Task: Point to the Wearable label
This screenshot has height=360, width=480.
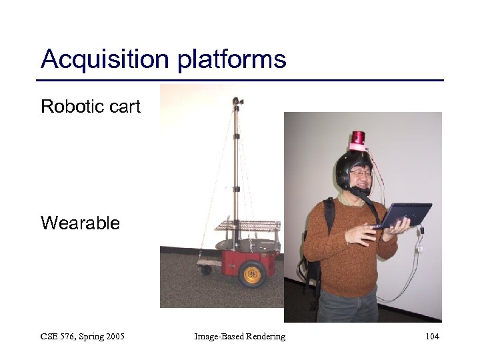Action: pyautogui.click(x=80, y=223)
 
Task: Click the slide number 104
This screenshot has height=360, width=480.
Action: pyautogui.click(x=432, y=337)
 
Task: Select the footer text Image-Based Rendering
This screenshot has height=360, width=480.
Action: pyautogui.click(x=239, y=337)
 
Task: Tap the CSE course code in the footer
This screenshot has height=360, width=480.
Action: pyautogui.click(x=51, y=337)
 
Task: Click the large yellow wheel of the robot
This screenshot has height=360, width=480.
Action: pyautogui.click(x=253, y=273)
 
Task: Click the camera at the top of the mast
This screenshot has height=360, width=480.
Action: pyautogui.click(x=237, y=102)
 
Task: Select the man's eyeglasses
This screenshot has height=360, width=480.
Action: pyautogui.click(x=361, y=173)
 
